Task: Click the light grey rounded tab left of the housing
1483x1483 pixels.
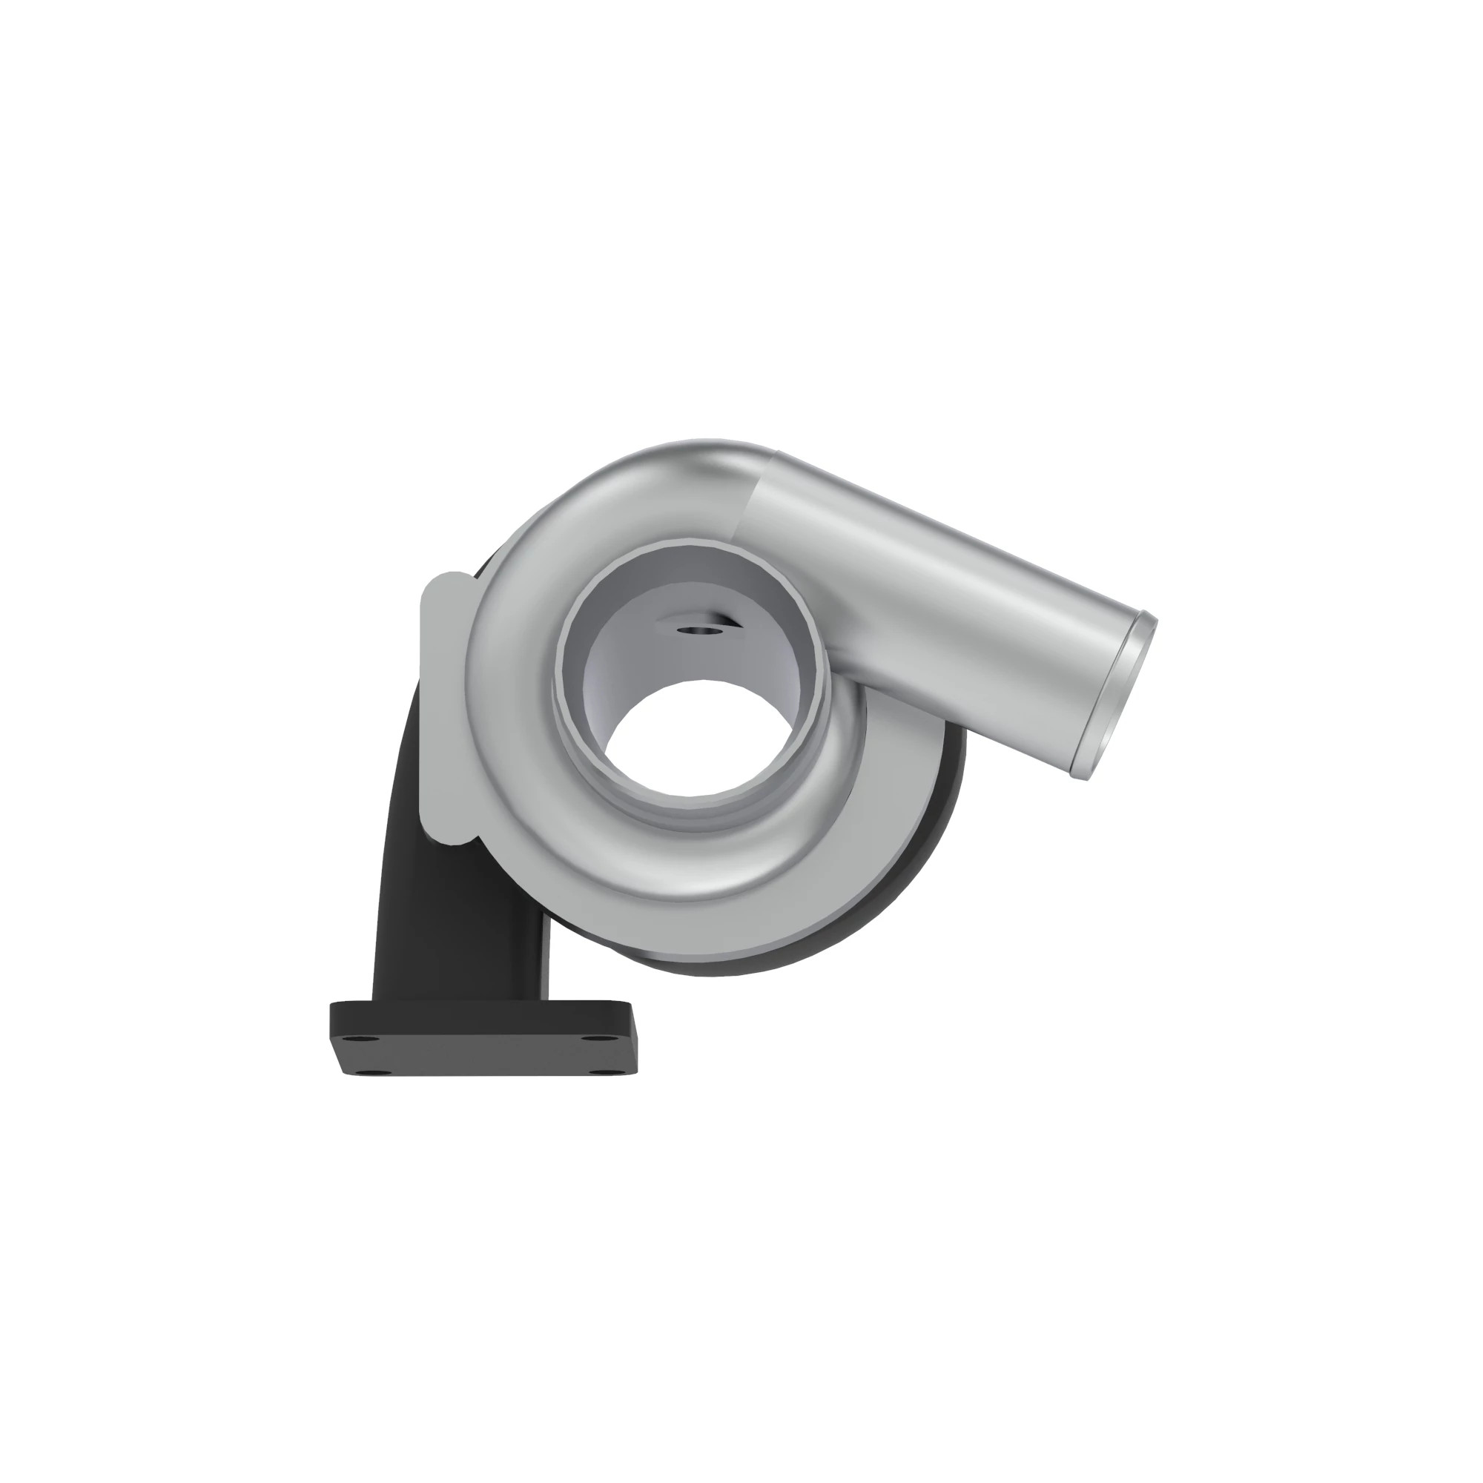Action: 443,706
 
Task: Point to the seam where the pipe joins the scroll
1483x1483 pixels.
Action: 752,499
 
